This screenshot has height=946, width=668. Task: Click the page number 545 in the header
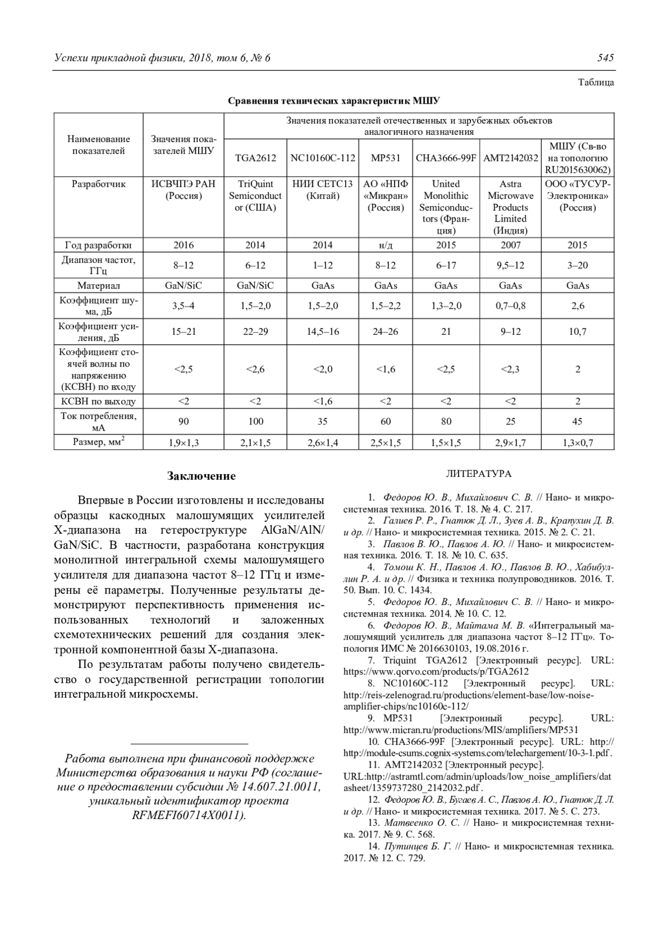coord(606,58)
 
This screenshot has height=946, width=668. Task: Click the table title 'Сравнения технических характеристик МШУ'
coord(333,101)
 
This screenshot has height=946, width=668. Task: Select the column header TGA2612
coord(256,158)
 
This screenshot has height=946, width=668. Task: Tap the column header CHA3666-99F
coord(446,158)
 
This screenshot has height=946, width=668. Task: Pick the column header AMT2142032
coord(510,158)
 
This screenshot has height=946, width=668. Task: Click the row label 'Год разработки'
coord(99,245)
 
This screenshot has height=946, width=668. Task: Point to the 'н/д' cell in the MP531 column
coord(386,245)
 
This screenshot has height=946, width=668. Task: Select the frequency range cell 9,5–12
coord(510,265)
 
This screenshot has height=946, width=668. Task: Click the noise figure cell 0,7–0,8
coord(510,306)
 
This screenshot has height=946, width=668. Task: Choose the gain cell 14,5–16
coord(322,331)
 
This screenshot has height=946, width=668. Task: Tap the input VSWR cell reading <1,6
coord(386,369)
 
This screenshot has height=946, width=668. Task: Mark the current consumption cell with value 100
coord(256,422)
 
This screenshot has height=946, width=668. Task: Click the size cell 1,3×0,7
coord(578,443)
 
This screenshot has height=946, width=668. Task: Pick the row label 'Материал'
coord(99,286)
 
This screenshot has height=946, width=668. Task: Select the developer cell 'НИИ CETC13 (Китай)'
coord(322,190)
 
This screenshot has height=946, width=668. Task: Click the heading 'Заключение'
coord(202,476)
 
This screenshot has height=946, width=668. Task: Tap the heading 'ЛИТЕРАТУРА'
coord(478,474)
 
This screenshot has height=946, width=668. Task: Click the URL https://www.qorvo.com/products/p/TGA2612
coord(436,672)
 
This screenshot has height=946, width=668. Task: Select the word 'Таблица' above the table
coord(596,82)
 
